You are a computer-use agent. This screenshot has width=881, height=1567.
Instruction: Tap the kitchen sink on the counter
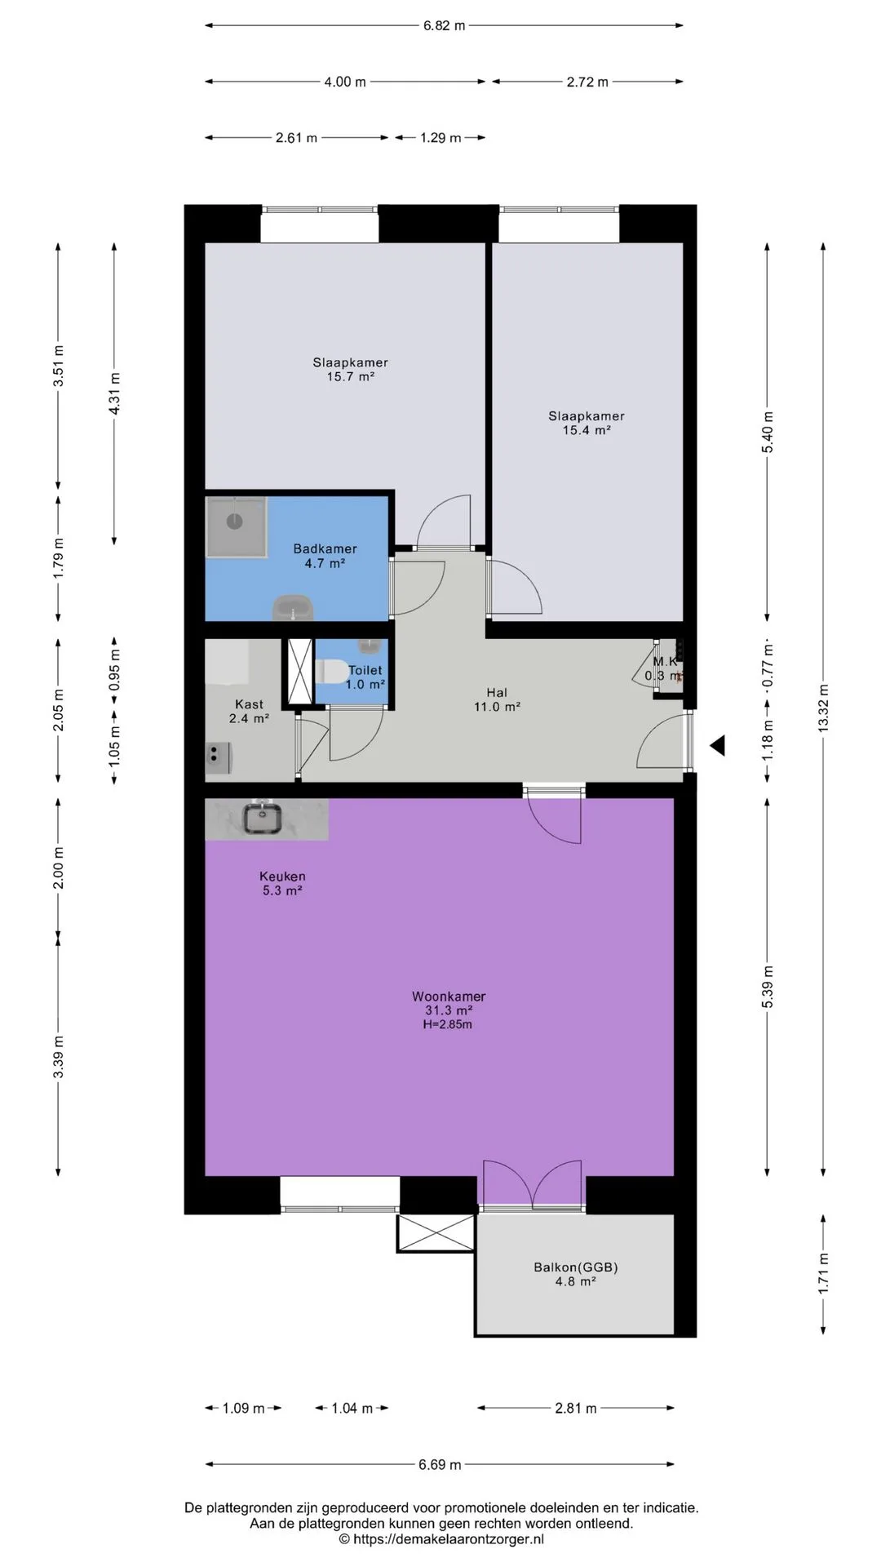pos(263,818)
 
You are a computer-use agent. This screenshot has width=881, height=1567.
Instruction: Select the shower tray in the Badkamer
pos(236,526)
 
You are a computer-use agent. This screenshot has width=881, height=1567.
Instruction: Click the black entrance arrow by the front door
pos(717,745)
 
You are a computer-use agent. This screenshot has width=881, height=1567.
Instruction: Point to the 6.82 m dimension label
pos(444,25)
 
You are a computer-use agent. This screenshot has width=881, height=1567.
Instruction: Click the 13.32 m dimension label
pos(823,708)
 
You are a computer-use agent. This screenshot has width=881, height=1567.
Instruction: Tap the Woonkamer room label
pos(449,997)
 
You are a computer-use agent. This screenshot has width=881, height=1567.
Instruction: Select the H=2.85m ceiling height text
pos(447,1024)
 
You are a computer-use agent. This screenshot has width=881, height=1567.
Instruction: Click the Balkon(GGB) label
pos(576,1267)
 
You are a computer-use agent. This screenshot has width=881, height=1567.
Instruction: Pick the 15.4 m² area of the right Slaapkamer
pos(587,430)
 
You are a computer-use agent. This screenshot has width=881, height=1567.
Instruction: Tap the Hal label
pos(496,693)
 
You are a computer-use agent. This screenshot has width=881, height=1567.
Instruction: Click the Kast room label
pos(249,704)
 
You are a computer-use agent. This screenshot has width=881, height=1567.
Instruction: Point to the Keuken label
pos(282,877)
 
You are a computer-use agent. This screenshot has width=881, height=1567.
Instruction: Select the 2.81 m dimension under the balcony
pos(576,1408)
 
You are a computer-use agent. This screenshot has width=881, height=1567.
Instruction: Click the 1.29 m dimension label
pos(440,138)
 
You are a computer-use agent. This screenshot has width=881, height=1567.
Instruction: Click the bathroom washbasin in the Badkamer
pos(292,608)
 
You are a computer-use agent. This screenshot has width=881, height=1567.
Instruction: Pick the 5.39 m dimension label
pos(767,987)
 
